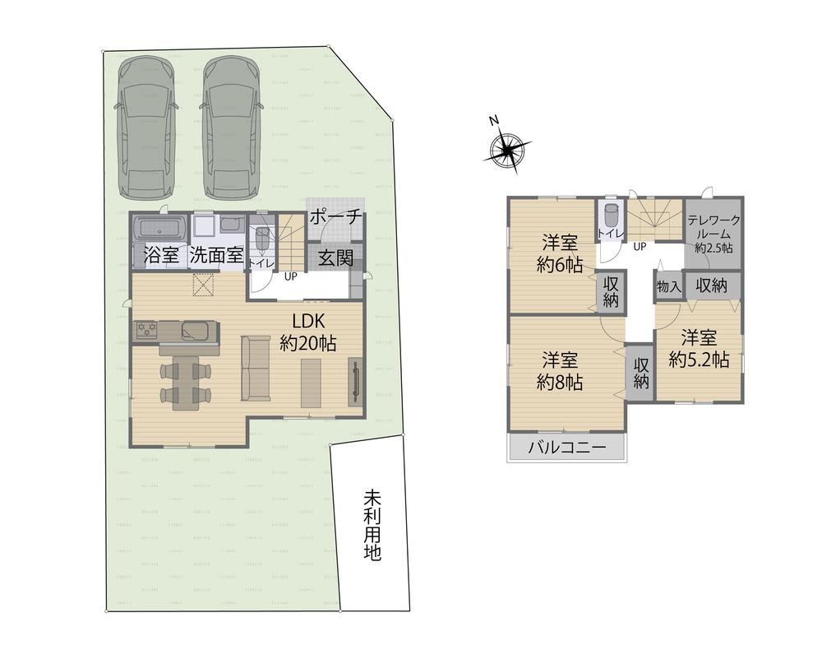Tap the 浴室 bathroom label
(x=161, y=256)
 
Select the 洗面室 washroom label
(x=216, y=255)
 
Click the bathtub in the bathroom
(x=159, y=229)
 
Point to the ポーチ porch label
(x=335, y=216)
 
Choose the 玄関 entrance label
(x=335, y=258)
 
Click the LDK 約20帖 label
(x=308, y=332)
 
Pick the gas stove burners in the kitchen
(x=147, y=329)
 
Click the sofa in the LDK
(x=256, y=369)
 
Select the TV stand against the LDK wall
(x=355, y=382)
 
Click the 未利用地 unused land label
(x=372, y=525)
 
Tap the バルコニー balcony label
(x=566, y=448)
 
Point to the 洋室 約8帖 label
(x=560, y=371)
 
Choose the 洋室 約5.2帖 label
(x=700, y=348)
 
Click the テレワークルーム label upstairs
(x=713, y=234)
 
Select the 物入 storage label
(x=668, y=287)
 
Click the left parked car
(x=145, y=128)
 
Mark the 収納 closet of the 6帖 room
(x=612, y=292)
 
